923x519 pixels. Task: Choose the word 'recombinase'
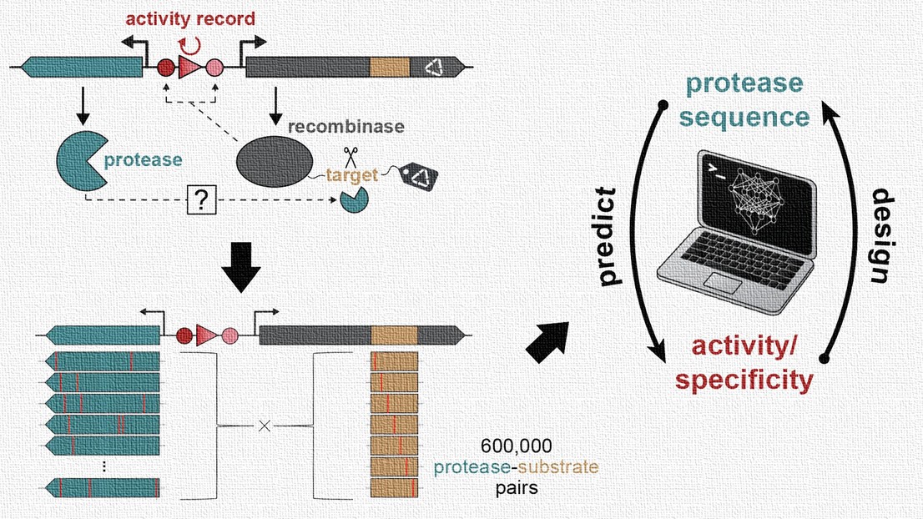(x=346, y=127)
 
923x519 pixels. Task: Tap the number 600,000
(x=510, y=446)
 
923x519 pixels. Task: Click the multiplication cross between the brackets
(x=264, y=426)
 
